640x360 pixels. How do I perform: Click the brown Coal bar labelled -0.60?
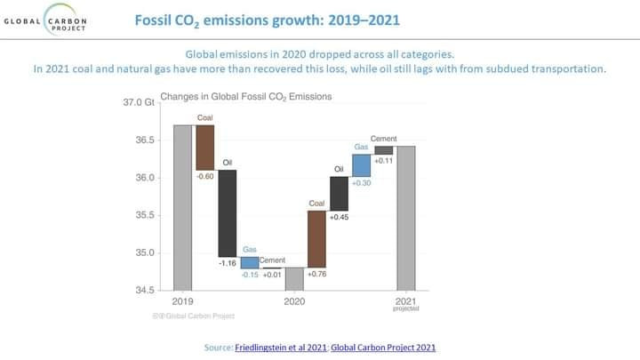pyautogui.click(x=205, y=147)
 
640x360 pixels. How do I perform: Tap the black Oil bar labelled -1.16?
pyautogui.click(x=228, y=212)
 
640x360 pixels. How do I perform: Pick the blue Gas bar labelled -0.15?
pyautogui.click(x=250, y=262)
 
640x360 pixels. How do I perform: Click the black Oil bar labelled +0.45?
pyautogui.click(x=339, y=193)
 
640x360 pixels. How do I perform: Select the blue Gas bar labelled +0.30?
pyautogui.click(x=361, y=165)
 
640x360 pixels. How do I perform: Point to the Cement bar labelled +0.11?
pyautogui.click(x=383, y=150)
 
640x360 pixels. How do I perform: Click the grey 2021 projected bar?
pyautogui.click(x=405, y=218)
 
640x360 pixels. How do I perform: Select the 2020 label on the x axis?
pyautogui.click(x=294, y=302)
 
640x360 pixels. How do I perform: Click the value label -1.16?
pyautogui.click(x=228, y=264)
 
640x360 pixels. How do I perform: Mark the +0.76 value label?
pyautogui.click(x=317, y=275)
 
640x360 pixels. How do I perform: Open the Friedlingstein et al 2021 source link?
pyautogui.click(x=276, y=346)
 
